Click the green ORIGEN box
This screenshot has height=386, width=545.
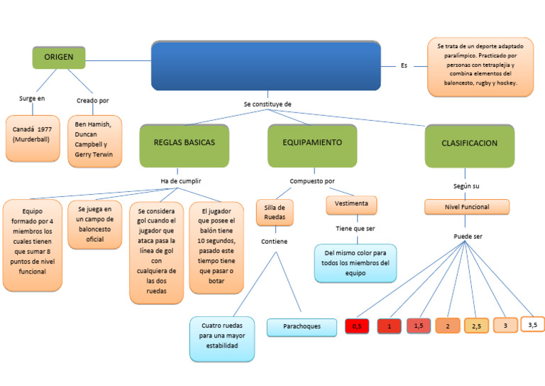(59, 57)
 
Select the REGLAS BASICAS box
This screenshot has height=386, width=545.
(184, 142)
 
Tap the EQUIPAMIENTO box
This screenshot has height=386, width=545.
(312, 142)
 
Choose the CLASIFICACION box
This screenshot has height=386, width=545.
(469, 143)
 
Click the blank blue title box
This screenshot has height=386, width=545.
(265, 65)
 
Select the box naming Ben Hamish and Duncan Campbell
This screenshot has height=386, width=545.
(94, 141)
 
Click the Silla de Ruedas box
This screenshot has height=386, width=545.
(275, 212)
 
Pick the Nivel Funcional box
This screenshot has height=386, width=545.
(467, 207)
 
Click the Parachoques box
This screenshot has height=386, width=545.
(302, 327)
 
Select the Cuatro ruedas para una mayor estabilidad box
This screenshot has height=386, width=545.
(222, 338)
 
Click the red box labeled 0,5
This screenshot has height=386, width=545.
(356, 326)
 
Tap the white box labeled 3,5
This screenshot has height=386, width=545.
(532, 324)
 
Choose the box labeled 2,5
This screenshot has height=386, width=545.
(476, 326)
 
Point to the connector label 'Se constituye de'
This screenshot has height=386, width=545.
(268, 104)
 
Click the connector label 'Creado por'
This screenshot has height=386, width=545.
(92, 100)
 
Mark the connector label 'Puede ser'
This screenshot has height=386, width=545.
(467, 236)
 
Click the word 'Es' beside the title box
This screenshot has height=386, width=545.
(404, 66)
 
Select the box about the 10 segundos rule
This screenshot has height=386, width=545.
(216, 247)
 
